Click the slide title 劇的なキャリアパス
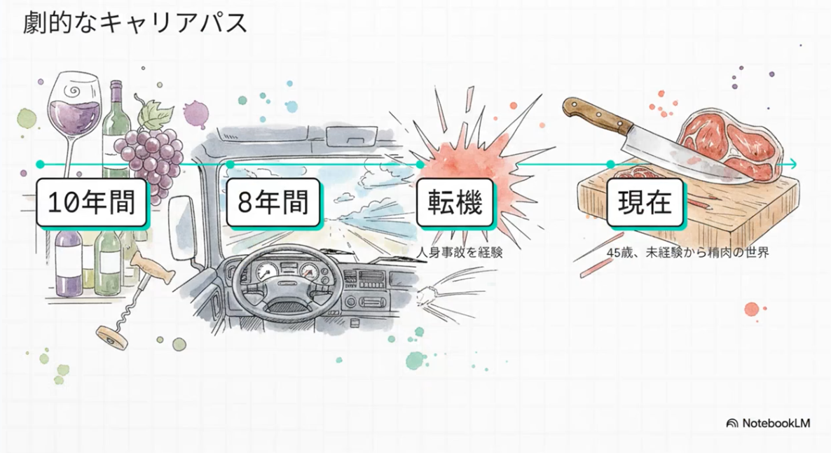click(135, 23)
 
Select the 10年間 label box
click(92, 202)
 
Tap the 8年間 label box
click(273, 202)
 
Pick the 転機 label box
click(455, 202)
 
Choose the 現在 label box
click(645, 202)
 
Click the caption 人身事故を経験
click(460, 252)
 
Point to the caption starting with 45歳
click(688, 252)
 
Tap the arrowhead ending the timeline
click(792, 165)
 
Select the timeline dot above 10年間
click(40, 165)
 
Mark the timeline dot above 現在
click(610, 165)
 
